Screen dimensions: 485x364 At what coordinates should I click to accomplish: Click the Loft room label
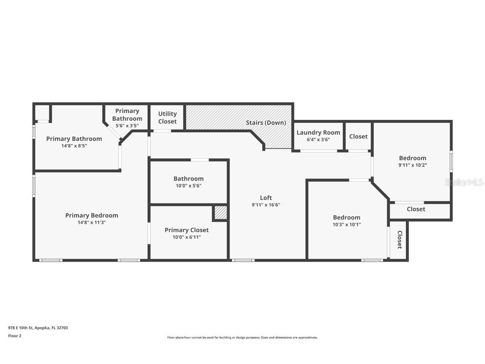(x=266, y=198)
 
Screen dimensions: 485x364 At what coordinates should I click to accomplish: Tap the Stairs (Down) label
(x=266, y=123)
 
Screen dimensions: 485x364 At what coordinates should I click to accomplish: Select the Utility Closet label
(x=167, y=118)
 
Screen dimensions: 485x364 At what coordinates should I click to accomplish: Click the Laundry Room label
(x=318, y=132)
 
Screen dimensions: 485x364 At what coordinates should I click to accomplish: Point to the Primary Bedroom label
(x=91, y=215)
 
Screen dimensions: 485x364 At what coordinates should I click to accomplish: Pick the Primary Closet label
(x=187, y=230)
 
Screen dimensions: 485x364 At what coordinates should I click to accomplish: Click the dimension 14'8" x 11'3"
(x=91, y=222)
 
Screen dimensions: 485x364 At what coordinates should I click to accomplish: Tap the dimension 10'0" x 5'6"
(x=188, y=186)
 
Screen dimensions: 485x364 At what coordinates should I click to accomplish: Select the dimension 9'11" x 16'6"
(x=266, y=205)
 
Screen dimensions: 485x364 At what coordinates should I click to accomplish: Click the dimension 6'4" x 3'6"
(x=318, y=139)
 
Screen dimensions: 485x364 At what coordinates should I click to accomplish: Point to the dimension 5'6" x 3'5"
(x=127, y=126)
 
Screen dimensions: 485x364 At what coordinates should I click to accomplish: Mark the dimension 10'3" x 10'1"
(x=347, y=225)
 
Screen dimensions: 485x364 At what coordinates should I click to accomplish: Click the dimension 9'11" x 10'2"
(x=413, y=165)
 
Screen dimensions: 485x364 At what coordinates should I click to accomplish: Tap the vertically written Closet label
(x=399, y=240)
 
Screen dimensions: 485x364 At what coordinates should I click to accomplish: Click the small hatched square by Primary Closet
(x=221, y=213)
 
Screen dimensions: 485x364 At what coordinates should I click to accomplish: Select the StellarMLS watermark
(x=464, y=182)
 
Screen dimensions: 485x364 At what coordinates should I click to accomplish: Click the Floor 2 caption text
(x=15, y=336)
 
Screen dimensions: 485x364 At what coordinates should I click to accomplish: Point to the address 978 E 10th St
(x=20, y=328)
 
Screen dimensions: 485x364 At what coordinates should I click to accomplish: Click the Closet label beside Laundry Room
(x=358, y=136)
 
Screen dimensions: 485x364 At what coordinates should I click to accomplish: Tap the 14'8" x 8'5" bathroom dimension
(x=74, y=146)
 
